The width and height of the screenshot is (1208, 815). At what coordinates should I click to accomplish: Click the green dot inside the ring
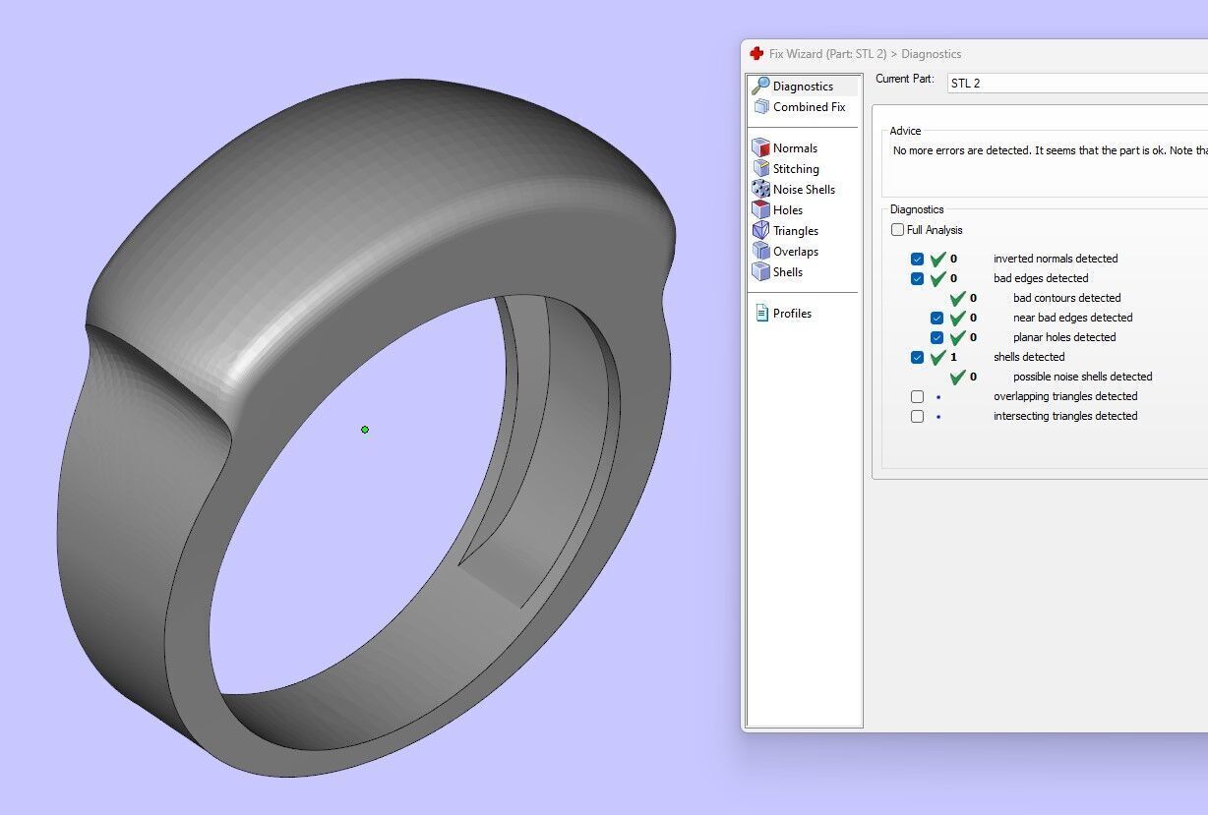365,430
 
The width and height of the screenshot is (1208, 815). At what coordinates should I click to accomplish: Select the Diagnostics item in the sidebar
802,87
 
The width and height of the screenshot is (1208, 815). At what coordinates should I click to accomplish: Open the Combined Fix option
808,107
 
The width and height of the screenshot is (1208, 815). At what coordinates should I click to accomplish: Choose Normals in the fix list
794,148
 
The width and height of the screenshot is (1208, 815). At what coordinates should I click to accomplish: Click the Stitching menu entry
795,169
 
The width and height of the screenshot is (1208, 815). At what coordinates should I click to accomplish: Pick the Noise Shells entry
803,190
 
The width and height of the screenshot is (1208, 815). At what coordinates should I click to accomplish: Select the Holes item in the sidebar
787,210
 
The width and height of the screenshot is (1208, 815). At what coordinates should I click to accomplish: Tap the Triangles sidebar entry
795,231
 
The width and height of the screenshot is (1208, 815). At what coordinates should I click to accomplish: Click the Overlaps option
795,252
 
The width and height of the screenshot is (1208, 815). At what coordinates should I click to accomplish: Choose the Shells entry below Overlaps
787,272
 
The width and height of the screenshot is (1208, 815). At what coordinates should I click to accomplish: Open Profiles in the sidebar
791,314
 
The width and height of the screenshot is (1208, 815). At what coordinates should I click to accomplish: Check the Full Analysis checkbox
897,230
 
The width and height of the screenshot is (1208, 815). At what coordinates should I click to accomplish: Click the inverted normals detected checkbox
917,259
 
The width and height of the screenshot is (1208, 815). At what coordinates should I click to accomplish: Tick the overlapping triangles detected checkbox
917,396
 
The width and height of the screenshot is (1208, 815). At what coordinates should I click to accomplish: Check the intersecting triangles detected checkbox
917,416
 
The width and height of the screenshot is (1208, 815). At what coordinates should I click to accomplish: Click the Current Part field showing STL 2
1072,84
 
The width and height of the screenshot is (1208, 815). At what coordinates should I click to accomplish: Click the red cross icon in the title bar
756,54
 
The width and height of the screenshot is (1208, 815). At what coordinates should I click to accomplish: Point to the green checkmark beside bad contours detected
957,298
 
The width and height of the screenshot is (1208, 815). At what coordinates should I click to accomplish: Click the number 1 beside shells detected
953,357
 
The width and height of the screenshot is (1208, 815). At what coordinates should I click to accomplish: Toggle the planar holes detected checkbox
936,337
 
